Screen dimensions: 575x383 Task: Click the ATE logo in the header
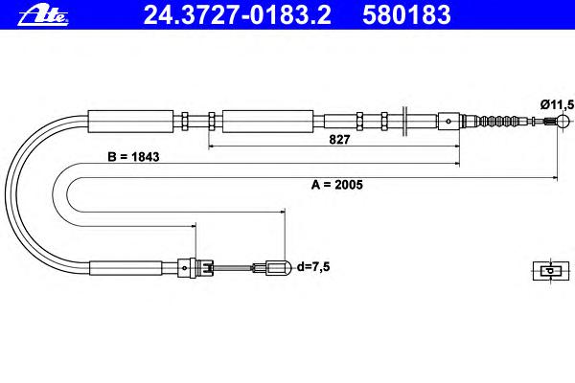click(43, 16)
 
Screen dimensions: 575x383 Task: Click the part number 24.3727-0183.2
click(238, 15)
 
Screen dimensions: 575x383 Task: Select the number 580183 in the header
click(406, 15)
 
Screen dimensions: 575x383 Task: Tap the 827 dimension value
click(339, 139)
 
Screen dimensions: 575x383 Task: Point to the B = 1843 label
click(133, 156)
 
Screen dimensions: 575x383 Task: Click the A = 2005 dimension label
click(337, 185)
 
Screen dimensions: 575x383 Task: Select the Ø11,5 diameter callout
click(557, 104)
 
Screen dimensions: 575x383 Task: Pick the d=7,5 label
click(313, 266)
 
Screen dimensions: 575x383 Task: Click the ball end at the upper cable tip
click(563, 121)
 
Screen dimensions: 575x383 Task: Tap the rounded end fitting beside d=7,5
click(279, 268)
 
